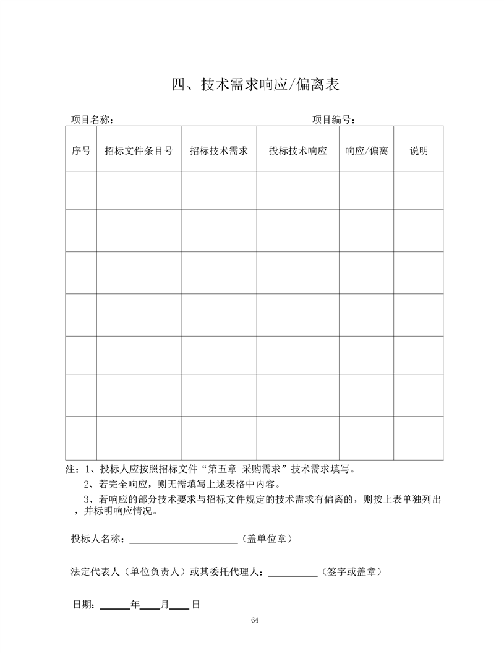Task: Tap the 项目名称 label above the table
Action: click(x=91, y=119)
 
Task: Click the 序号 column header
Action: click(x=81, y=150)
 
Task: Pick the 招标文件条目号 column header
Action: click(x=139, y=150)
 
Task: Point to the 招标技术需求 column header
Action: click(x=219, y=150)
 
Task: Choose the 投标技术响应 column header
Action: click(x=297, y=150)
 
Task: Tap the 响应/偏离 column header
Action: click(x=366, y=150)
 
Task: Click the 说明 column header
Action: click(x=419, y=150)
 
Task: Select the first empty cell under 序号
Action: click(x=81, y=190)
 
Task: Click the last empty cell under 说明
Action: click(x=419, y=438)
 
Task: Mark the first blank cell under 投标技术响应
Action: click(x=297, y=190)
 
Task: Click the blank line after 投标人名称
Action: click(x=184, y=540)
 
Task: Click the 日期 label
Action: click(x=83, y=605)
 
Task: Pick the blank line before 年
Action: click(x=114, y=606)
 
